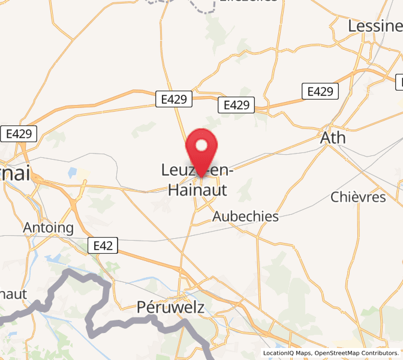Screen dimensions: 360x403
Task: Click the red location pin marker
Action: pos(202,150)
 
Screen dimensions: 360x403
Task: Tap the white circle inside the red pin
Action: pos(202,145)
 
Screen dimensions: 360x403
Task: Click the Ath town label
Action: pos(333,137)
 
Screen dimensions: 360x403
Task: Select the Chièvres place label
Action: pos(358,197)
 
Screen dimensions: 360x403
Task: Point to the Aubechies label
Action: pos(246,217)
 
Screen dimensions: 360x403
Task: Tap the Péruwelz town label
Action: pos(171,307)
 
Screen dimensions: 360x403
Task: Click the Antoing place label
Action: pos(48,228)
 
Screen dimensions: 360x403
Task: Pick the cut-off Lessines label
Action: pos(375,26)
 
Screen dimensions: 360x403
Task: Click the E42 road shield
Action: pos(103,245)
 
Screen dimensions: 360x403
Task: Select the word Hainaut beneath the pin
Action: pos(197,190)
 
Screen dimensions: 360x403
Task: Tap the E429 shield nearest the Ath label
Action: pos(320,91)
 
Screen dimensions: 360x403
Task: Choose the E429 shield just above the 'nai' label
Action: pos(19,134)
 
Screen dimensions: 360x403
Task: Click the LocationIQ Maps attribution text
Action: pos(287,353)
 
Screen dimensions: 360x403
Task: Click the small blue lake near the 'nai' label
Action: pos(73,173)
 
